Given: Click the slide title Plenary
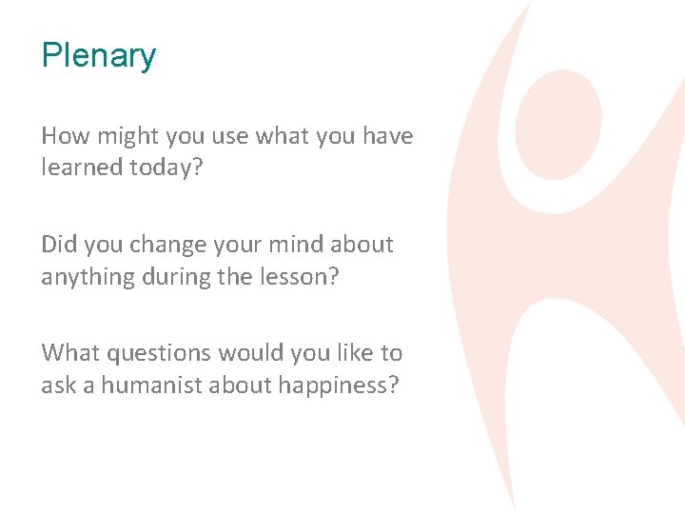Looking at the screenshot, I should [x=98, y=56].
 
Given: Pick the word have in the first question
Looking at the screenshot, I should [x=388, y=136].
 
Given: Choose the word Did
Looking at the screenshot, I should [x=58, y=245].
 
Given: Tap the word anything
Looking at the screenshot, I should [x=85, y=276].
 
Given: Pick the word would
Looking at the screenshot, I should [x=251, y=353].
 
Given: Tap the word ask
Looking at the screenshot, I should [x=58, y=385].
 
